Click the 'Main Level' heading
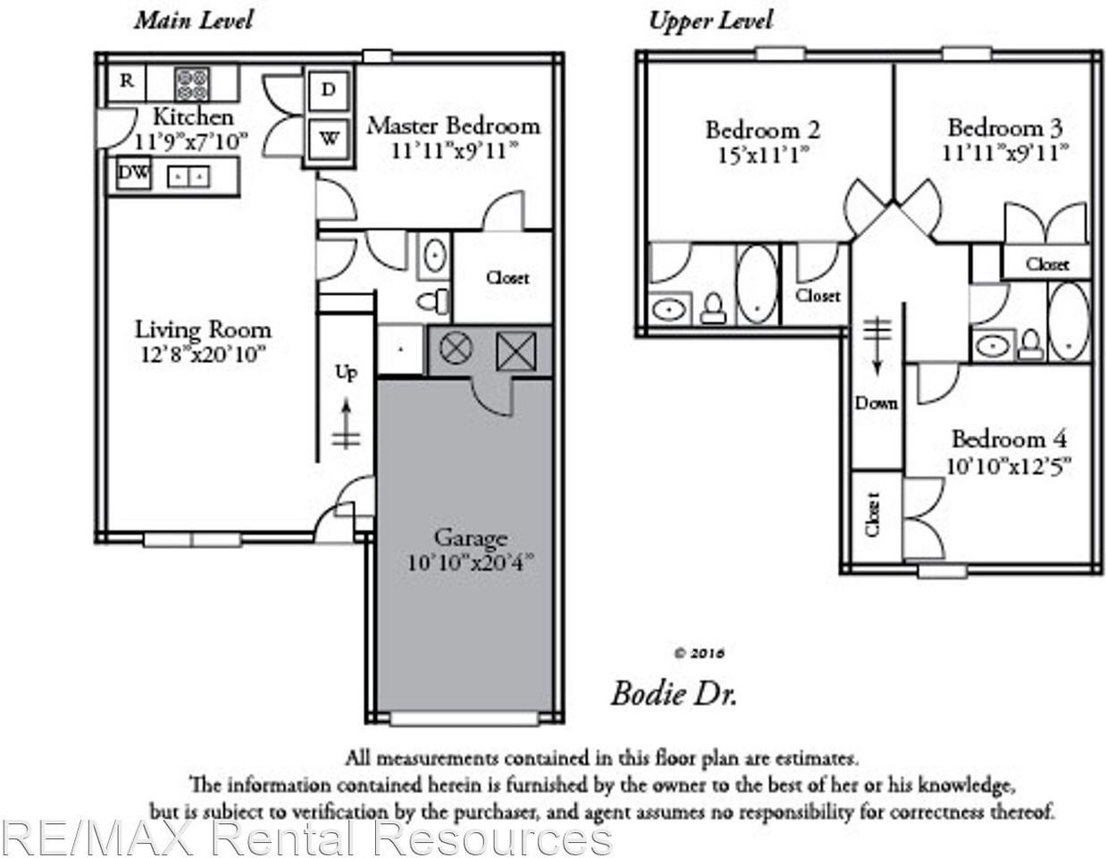point(193,20)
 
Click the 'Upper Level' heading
point(710,21)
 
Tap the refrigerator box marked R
point(127,81)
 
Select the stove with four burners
point(192,84)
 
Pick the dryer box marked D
point(329,89)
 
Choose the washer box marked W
point(329,139)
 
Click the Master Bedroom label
point(453,125)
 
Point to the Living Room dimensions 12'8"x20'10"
point(203,355)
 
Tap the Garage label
point(470,537)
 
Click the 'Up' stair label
point(347,372)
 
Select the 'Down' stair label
point(876,403)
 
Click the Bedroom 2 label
point(762,130)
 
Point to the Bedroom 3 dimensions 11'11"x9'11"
point(1004,153)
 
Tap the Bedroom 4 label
point(1009,439)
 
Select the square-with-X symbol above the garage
point(515,350)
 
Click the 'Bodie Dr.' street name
point(674,693)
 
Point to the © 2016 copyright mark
point(700,653)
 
